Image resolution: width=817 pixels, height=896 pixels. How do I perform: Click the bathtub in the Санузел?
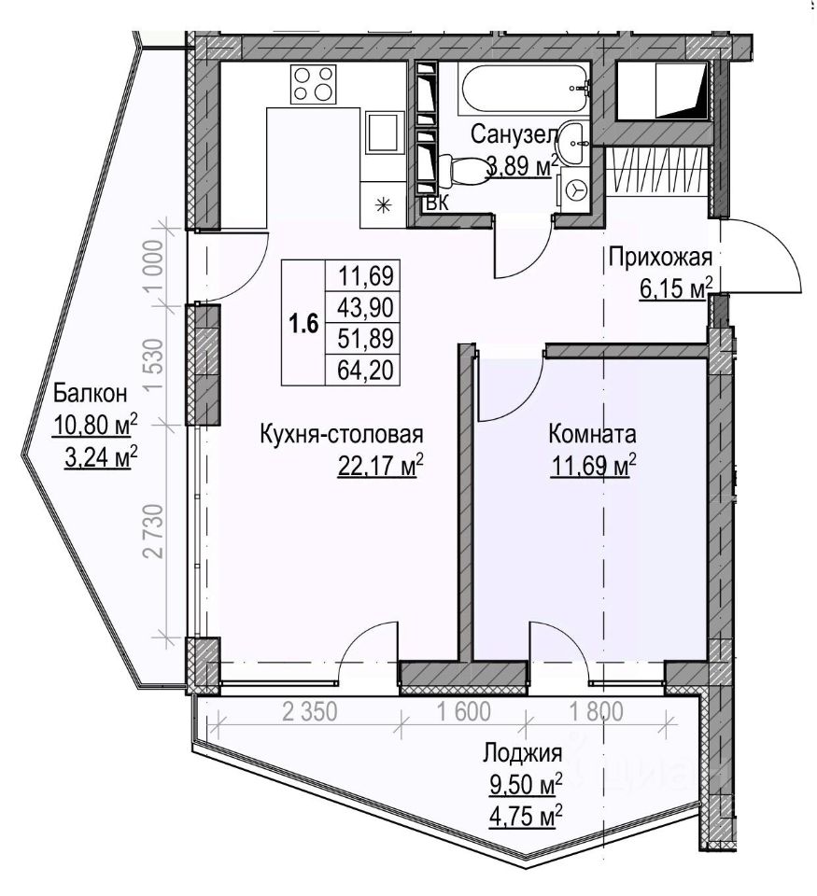coord(524,89)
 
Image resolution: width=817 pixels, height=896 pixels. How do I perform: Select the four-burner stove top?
coord(313,83)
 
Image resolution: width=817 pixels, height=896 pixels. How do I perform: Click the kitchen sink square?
coord(383,132)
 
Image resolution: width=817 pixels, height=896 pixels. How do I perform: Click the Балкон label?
coord(90,394)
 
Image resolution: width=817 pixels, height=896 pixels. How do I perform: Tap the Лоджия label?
coord(523,753)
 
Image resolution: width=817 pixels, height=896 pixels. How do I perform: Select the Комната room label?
coord(592,434)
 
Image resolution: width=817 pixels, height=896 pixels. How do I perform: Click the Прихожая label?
coord(660,258)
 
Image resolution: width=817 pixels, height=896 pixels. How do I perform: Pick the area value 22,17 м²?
coord(381,466)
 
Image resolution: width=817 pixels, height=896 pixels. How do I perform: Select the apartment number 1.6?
coord(303,324)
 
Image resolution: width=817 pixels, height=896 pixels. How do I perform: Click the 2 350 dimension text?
coord(310,712)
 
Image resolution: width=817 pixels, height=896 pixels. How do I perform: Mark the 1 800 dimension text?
coord(595,712)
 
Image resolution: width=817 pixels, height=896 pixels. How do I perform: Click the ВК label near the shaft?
coord(437,203)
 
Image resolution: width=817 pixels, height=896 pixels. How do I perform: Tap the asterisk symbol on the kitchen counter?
coord(384,204)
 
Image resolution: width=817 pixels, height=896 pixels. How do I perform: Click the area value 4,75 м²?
coord(525,815)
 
